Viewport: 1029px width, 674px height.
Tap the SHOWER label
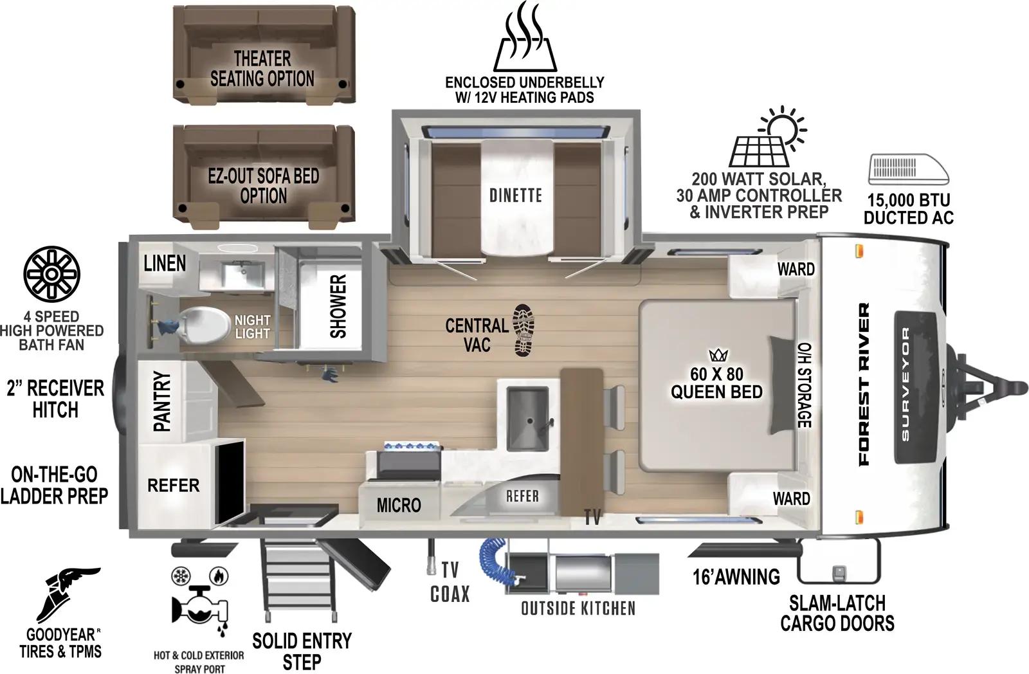pyautogui.click(x=338, y=306)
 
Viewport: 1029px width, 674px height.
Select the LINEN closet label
pyautogui.click(x=165, y=263)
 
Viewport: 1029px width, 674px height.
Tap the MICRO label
pyautogui.click(x=399, y=506)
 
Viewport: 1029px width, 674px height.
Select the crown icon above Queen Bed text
pyautogui.click(x=716, y=355)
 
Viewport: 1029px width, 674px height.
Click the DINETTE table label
pyautogui.click(x=515, y=196)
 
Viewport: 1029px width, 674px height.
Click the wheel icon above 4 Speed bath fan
pyautogui.click(x=51, y=273)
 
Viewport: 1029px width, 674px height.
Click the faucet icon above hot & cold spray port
pyautogui.click(x=198, y=605)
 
